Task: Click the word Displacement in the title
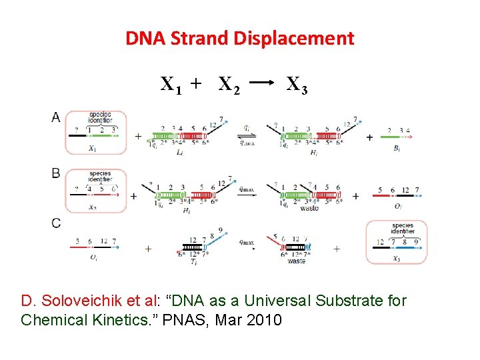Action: tap(293, 39)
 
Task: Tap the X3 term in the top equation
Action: tap(296, 85)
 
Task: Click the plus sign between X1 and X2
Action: tap(195, 83)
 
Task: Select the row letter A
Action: tap(56, 117)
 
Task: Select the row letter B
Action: tap(56, 173)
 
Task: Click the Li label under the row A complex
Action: tap(180, 153)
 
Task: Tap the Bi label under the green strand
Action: tap(397, 149)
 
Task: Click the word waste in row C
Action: tap(297, 261)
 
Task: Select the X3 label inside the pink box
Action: tap(397, 259)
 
